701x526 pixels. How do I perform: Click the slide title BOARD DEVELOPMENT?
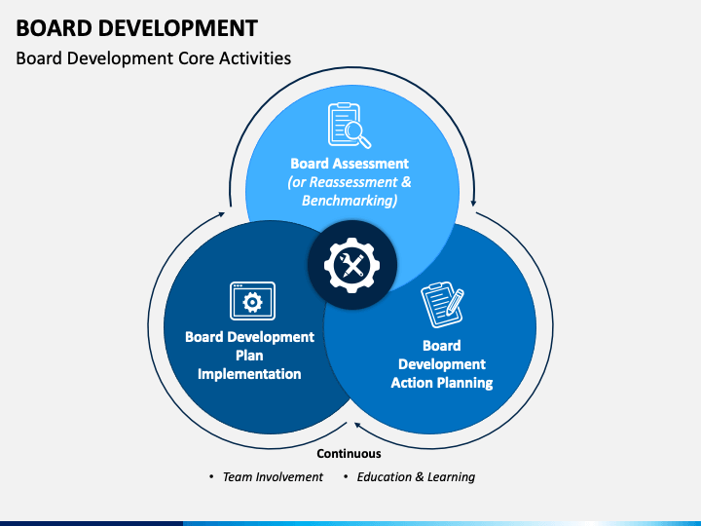[x=137, y=26]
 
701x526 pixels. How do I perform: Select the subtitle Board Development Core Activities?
[x=154, y=58]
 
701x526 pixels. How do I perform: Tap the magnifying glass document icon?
[x=349, y=126]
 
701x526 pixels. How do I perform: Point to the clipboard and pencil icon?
[x=442, y=306]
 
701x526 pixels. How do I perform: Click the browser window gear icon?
[x=252, y=301]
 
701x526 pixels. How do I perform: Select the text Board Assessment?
[x=350, y=164]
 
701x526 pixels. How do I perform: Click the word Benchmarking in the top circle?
[x=350, y=201]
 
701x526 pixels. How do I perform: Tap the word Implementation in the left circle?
[x=249, y=374]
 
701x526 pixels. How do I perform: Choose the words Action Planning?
[x=442, y=383]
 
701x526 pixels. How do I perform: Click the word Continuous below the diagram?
[x=350, y=453]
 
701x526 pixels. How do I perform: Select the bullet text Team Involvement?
[x=273, y=477]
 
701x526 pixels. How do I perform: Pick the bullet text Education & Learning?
[x=416, y=477]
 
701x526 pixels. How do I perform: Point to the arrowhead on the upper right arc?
[x=474, y=203]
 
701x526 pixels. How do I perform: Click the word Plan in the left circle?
[x=249, y=356]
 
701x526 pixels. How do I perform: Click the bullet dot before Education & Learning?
[x=346, y=477]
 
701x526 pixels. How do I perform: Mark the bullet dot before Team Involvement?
[x=211, y=477]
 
